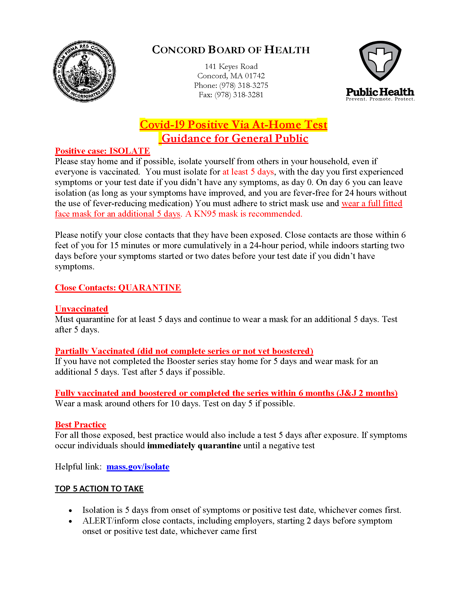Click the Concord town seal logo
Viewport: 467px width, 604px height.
tap(84, 71)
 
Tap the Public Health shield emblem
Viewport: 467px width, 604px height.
tap(380, 61)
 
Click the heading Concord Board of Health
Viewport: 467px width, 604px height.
tap(231, 50)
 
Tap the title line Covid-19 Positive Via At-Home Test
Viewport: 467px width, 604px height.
tap(233, 125)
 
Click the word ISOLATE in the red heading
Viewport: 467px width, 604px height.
tap(129, 151)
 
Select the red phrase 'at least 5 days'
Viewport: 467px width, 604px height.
tap(248, 172)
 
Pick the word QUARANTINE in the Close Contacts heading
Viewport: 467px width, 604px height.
tap(149, 288)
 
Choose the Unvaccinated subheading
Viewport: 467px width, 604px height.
tap(81, 309)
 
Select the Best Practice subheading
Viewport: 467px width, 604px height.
tap(80, 425)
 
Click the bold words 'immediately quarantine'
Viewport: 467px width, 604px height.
tap(194, 446)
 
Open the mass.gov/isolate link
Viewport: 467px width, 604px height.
tap(138, 467)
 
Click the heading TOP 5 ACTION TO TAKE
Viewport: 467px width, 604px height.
tap(99, 489)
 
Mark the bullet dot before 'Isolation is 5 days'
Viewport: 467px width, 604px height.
tap(71, 511)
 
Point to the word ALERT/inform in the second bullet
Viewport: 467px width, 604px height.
tap(102, 521)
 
